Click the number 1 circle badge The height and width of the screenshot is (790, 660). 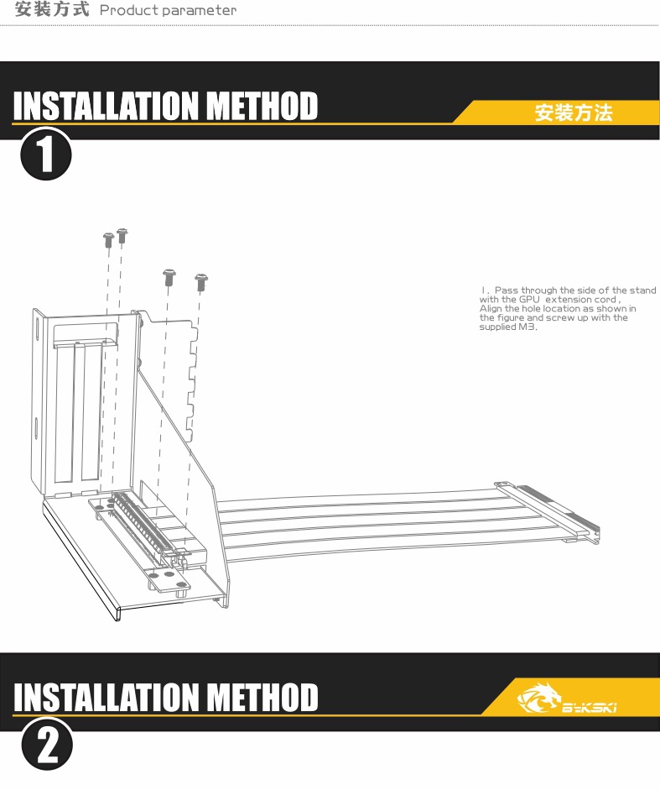46,154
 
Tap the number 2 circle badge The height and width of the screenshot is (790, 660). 47,744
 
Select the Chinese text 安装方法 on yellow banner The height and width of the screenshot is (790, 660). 574,112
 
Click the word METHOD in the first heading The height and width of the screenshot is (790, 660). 262,105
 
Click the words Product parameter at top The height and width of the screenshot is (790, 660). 169,10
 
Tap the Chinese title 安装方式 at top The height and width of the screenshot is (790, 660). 52,9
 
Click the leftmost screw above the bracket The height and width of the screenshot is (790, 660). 108,239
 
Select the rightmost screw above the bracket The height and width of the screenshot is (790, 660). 201,282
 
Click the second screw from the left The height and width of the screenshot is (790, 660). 122,235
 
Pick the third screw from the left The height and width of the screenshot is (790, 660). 169,277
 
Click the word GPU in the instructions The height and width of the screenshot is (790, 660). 529,299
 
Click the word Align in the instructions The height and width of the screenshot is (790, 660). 491,308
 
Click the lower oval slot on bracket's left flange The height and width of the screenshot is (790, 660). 37,427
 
